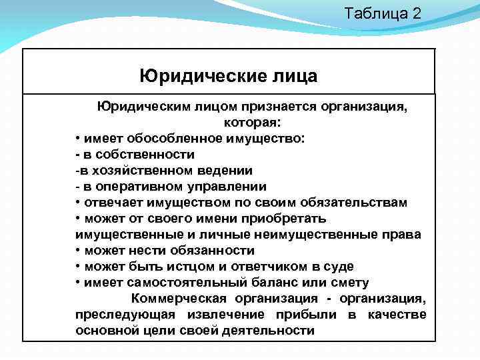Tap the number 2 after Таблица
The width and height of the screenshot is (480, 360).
point(417,13)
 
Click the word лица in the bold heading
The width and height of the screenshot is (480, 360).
point(292,75)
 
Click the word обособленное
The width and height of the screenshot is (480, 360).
point(182,139)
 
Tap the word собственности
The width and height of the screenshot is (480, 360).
point(144,155)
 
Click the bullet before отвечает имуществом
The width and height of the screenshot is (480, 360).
point(79,203)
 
